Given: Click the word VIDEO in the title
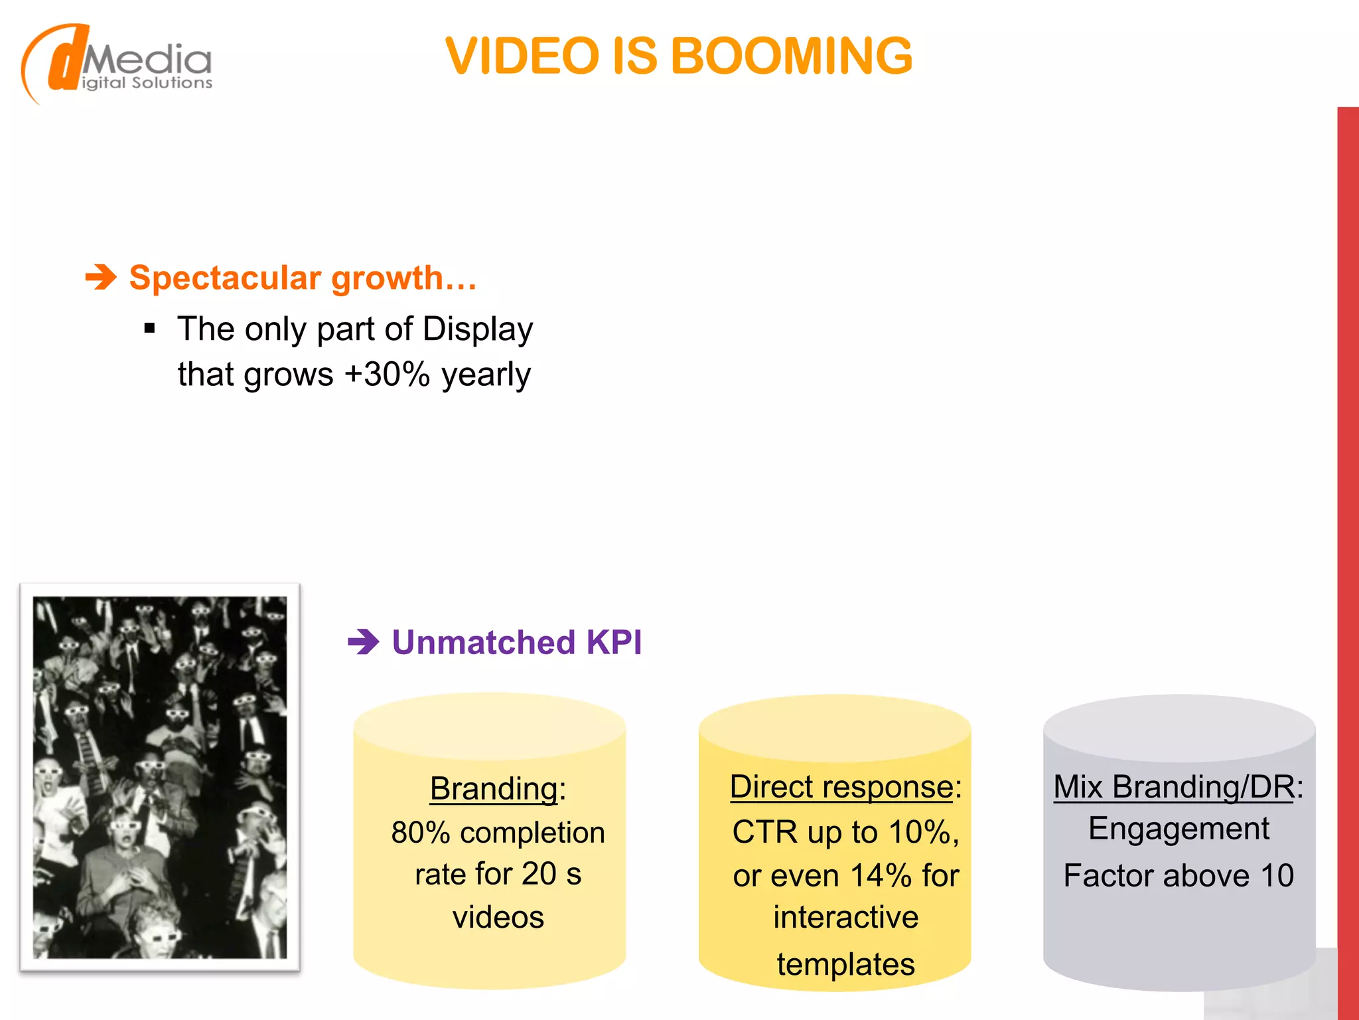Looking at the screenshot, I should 522,56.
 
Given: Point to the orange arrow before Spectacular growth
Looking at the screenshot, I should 101,277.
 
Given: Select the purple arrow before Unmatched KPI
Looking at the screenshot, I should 363,642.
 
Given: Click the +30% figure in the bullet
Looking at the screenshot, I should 388,374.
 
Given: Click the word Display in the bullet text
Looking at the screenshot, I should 478,329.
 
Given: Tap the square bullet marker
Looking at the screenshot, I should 149,328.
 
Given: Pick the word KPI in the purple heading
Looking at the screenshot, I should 614,642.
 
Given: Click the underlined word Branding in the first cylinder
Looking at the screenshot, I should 493,789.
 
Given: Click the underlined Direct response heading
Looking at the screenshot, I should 841,787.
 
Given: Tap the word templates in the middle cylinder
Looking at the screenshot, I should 846,964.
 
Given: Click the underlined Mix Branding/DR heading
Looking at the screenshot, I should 1173,787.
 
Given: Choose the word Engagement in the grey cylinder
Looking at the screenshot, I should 1179,829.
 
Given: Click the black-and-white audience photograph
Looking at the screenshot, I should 160,777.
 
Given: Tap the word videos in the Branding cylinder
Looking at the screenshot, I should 498,918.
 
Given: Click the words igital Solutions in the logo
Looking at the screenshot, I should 147,83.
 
